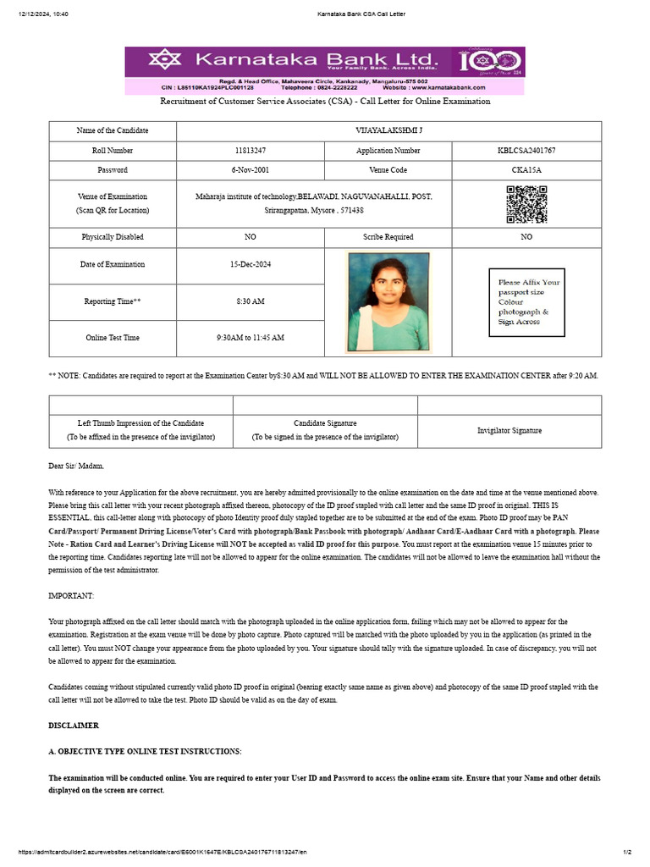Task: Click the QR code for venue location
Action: pyautogui.click(x=526, y=204)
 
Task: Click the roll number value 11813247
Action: pyautogui.click(x=250, y=151)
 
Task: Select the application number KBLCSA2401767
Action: pyautogui.click(x=526, y=151)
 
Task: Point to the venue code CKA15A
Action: pyautogui.click(x=526, y=170)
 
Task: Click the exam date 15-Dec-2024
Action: pyautogui.click(x=250, y=264)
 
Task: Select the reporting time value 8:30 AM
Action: pyautogui.click(x=250, y=301)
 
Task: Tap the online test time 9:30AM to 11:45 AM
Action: pyautogui.click(x=250, y=338)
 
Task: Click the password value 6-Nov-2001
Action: pyautogui.click(x=250, y=170)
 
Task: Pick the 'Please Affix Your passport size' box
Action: pyautogui.click(x=526, y=302)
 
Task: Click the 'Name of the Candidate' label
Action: pyautogui.click(x=113, y=130)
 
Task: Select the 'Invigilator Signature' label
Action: pyautogui.click(x=510, y=430)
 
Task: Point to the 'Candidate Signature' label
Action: pyautogui.click(x=325, y=422)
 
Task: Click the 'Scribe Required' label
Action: pyautogui.click(x=388, y=237)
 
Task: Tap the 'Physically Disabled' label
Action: pyautogui.click(x=113, y=237)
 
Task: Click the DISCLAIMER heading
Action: pyautogui.click(x=74, y=726)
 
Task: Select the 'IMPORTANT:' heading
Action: pyautogui.click(x=71, y=596)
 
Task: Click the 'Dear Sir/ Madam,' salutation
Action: pyautogui.click(x=76, y=466)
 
